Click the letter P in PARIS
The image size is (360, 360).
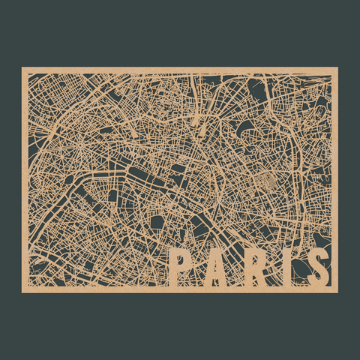click(181, 267)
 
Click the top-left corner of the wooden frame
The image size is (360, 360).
click(22, 68)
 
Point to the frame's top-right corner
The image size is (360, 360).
click(337, 68)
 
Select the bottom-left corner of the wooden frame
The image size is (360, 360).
click(22, 291)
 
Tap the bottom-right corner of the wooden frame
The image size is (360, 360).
click(337, 291)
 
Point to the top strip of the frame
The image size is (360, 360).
click(180, 70)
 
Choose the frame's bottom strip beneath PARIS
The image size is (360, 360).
click(247, 289)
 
